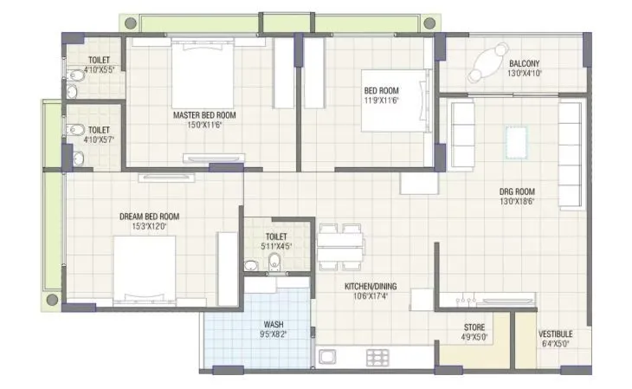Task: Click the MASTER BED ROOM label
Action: pyautogui.click(x=204, y=114)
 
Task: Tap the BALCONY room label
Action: pyautogui.click(x=526, y=63)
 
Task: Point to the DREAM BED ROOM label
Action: pyautogui.click(x=149, y=216)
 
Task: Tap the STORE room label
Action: pyautogui.click(x=474, y=327)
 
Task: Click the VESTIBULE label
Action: pyautogui.click(x=554, y=333)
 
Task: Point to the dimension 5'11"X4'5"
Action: pyautogui.click(x=277, y=246)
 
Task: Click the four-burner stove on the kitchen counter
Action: pyautogui.click(x=377, y=356)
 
